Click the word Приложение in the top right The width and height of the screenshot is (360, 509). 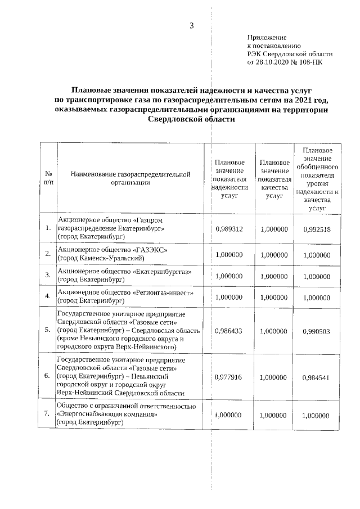(x=267, y=37)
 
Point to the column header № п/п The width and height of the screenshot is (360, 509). (x=48, y=178)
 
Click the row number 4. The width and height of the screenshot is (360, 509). (x=48, y=296)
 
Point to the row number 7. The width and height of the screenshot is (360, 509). (x=48, y=415)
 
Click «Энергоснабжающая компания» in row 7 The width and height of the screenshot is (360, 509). (x=106, y=415)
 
